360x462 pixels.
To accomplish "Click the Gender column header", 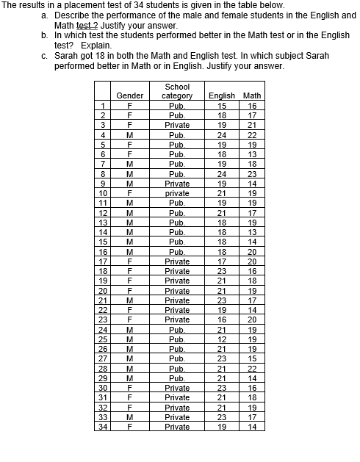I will [130, 95].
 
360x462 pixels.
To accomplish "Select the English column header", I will [222, 95].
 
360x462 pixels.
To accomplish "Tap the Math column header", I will [252, 95].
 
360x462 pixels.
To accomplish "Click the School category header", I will [177, 91].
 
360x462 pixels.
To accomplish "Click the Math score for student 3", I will [252, 125].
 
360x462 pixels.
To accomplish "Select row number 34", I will [103, 426].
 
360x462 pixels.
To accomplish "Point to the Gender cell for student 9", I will [130, 184].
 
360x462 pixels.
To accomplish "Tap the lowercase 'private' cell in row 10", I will [177, 193].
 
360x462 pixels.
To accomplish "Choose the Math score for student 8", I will [252, 174].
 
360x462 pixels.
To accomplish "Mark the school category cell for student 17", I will [177, 261].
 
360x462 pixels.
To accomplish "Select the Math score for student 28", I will [252, 368].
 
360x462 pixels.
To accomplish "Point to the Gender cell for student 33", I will [130, 416].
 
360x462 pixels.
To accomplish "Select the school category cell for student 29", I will [177, 378].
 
